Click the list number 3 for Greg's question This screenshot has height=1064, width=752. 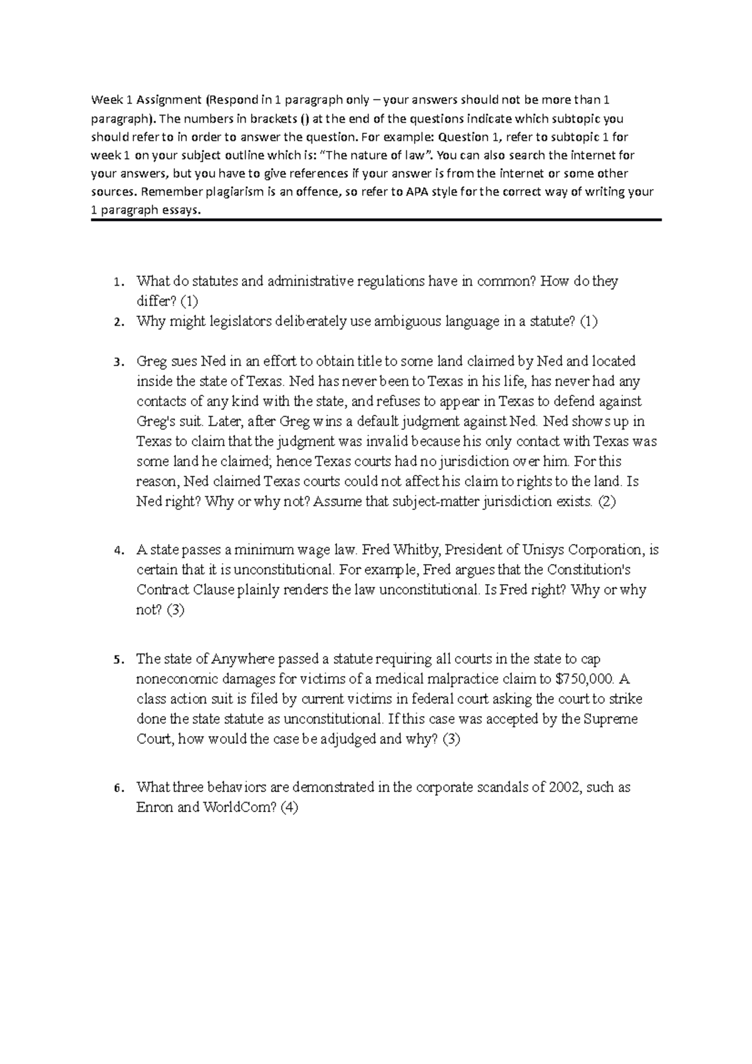pyautogui.click(x=116, y=362)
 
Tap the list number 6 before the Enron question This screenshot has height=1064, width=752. pyautogui.click(x=116, y=788)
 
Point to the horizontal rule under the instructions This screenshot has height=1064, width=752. pyautogui.click(x=376, y=220)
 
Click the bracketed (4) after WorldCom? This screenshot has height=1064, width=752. pyautogui.click(x=289, y=807)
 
